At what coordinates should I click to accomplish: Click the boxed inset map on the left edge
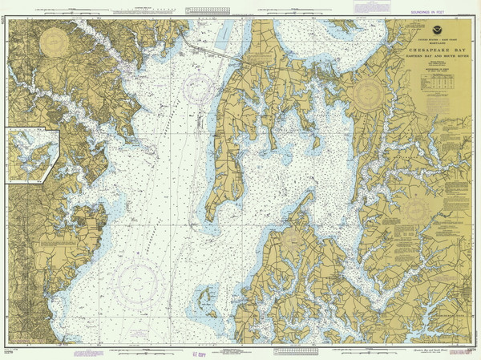(x=31, y=156)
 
